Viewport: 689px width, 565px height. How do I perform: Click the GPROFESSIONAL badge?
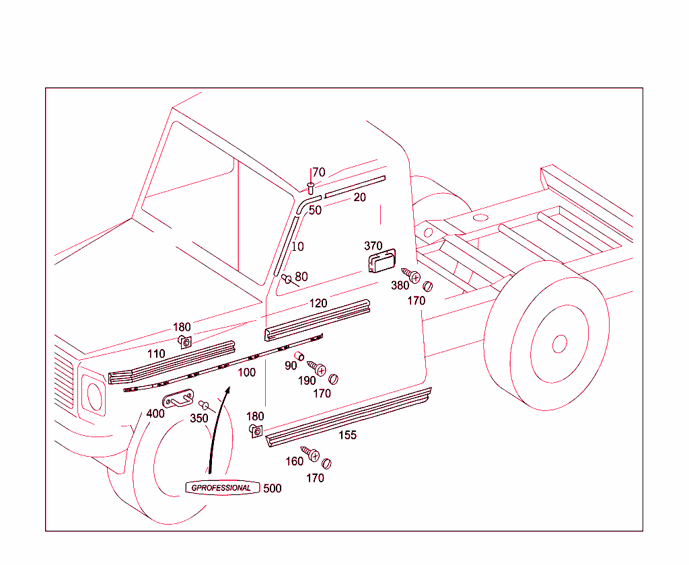tap(221, 488)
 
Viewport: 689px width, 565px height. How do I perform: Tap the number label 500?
tap(272, 488)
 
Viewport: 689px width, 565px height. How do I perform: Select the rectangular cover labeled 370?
tap(382, 261)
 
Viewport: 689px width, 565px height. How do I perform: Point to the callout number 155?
tap(347, 435)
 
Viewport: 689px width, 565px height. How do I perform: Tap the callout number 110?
tap(156, 354)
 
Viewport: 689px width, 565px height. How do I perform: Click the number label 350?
tap(198, 418)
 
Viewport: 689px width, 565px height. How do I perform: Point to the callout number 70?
tap(318, 172)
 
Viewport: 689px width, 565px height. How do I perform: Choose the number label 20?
tap(360, 197)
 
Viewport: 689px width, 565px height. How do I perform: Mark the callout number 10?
tap(297, 247)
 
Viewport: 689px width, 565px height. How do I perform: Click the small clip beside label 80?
tap(287, 278)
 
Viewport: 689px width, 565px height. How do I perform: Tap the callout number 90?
tap(291, 366)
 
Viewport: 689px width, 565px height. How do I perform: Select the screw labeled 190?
tap(318, 369)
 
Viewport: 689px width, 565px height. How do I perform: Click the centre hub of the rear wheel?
tap(559, 344)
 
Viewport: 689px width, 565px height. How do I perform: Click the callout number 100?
tap(247, 372)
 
